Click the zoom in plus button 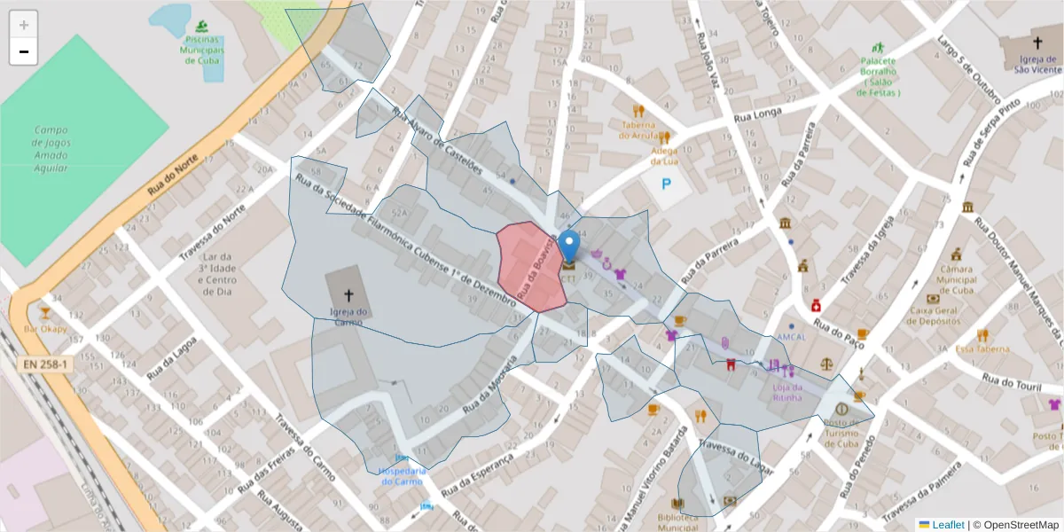click(x=24, y=25)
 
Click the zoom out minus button click(x=24, y=51)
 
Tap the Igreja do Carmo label click(x=348, y=317)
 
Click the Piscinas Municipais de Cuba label click(x=204, y=50)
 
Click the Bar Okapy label click(x=44, y=329)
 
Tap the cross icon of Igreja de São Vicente click(x=1037, y=43)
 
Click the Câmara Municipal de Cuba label click(x=957, y=279)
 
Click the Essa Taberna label click(x=982, y=349)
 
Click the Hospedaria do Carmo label click(x=403, y=476)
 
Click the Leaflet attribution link click(x=947, y=525)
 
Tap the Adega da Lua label click(x=664, y=156)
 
